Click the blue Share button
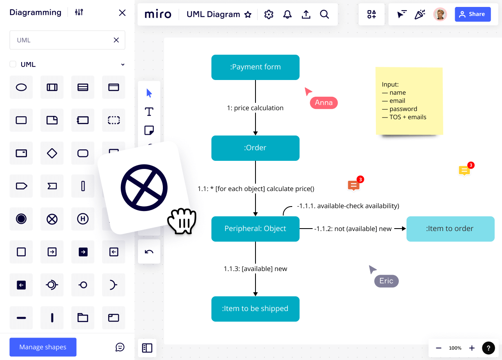click(473, 14)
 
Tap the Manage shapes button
click(43, 347)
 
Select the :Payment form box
click(255, 67)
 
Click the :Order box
click(255, 148)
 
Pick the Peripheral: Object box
click(255, 229)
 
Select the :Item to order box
click(450, 229)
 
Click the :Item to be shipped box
click(255, 309)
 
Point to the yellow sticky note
click(409, 101)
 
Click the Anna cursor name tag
click(324, 103)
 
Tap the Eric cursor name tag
click(386, 281)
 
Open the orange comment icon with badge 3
click(354, 185)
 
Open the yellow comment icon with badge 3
click(464, 171)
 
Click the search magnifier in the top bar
click(324, 15)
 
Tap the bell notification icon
click(287, 15)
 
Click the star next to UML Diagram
click(248, 15)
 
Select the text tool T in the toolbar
click(149, 111)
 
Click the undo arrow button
click(149, 251)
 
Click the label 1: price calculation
click(255, 108)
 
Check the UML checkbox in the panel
click(13, 64)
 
